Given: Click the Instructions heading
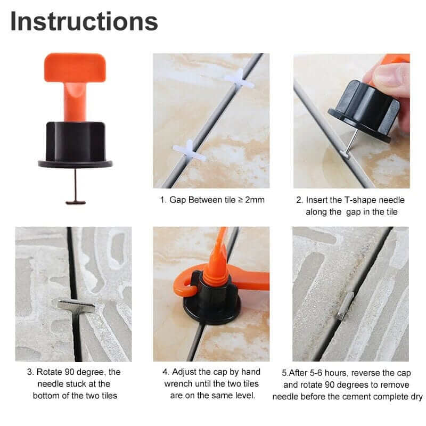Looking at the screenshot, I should (84, 21).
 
